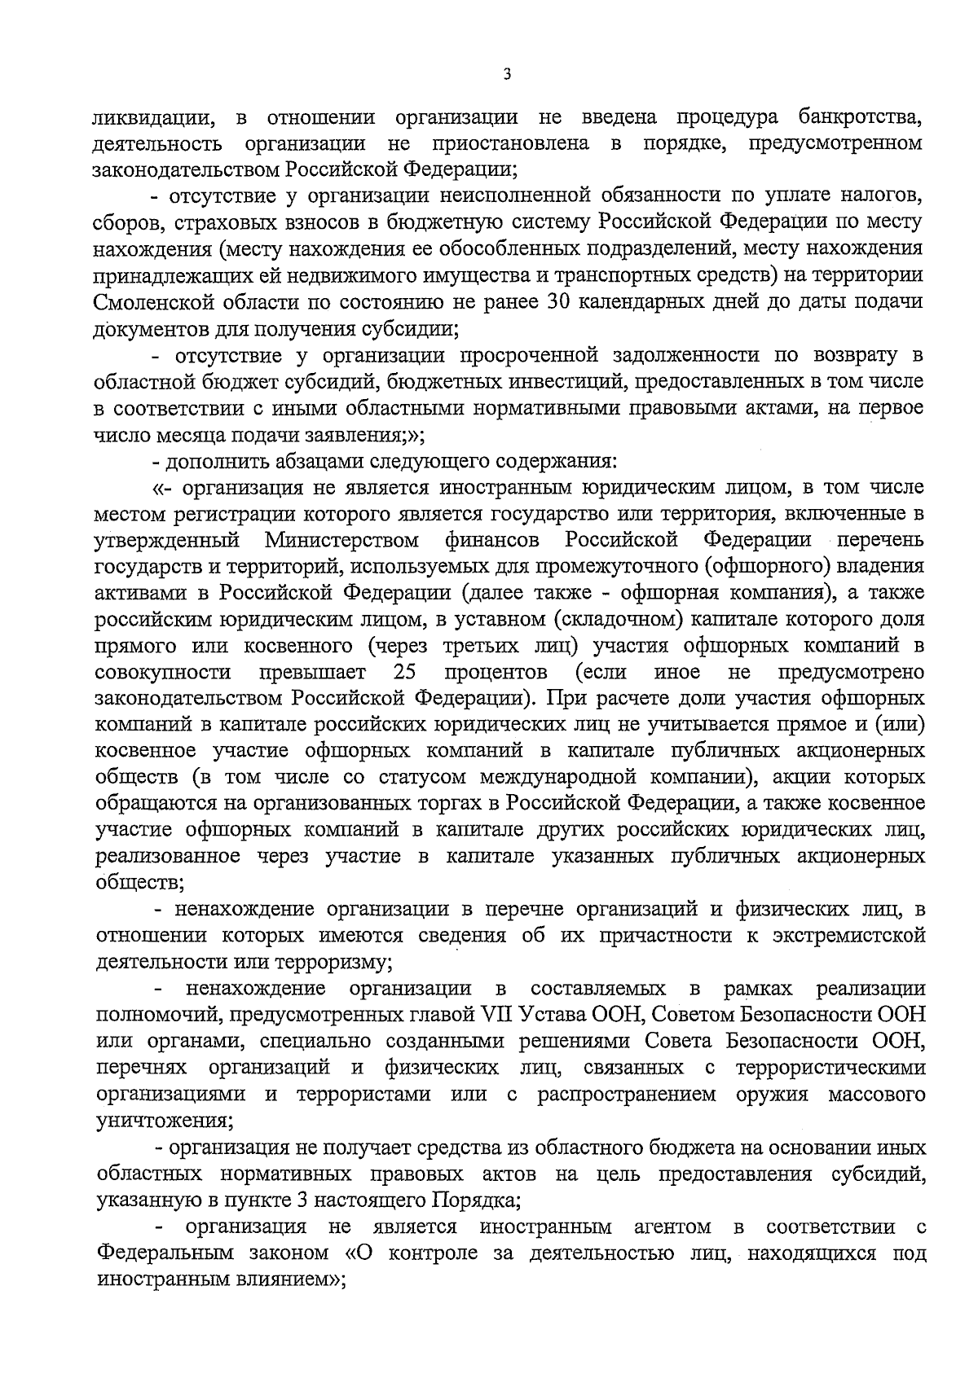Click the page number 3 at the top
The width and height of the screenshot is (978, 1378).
(x=507, y=75)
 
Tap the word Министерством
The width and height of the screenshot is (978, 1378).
(x=341, y=540)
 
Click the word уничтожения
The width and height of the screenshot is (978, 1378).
(x=161, y=1121)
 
